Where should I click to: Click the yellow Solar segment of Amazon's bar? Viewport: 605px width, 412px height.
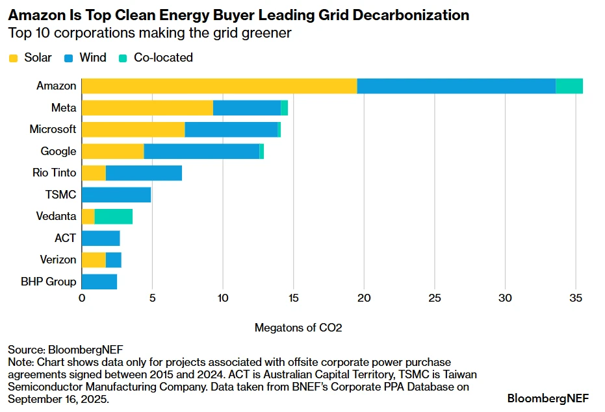coord(219,86)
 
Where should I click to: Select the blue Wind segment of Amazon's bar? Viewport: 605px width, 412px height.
coord(456,86)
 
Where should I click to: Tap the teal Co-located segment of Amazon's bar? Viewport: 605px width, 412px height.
coord(569,86)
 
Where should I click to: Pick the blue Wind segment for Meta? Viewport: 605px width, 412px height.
coord(247,108)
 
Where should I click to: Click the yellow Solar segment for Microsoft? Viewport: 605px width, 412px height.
coord(133,129)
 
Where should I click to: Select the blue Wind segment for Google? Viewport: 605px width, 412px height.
coord(201,151)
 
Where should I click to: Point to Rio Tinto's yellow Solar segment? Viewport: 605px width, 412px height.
coord(94,173)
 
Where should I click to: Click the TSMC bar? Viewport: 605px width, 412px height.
coord(116,195)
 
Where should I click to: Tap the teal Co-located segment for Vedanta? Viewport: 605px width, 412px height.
coord(114,216)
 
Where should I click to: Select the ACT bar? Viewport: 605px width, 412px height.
coord(101,238)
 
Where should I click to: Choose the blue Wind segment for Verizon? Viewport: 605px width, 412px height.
coord(114,260)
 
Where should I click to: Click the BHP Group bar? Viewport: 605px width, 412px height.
coord(99,282)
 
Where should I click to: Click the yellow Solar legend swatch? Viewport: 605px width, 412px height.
coord(14,58)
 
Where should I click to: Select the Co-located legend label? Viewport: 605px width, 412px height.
coord(163,58)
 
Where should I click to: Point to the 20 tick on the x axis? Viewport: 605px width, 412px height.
coord(364,298)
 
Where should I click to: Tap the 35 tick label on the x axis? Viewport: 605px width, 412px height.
coord(576,298)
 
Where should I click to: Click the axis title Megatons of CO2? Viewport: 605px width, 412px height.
coord(298,328)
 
